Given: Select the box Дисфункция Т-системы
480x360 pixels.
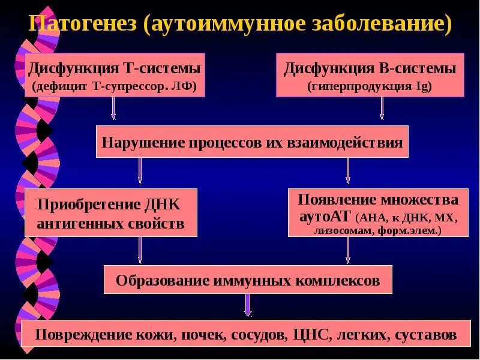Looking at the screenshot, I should [114, 75].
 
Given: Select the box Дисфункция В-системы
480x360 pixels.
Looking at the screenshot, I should [370, 75].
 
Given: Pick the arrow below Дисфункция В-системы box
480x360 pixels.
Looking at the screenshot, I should [382, 109].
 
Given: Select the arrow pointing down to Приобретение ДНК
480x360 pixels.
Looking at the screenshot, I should [140, 170].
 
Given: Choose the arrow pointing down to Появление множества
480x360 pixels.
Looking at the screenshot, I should [348, 170].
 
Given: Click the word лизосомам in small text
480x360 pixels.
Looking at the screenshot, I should [340, 230].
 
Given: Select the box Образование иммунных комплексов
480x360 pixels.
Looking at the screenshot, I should [248, 280].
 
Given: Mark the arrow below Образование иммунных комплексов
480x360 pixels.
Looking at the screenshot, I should [248, 305].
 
